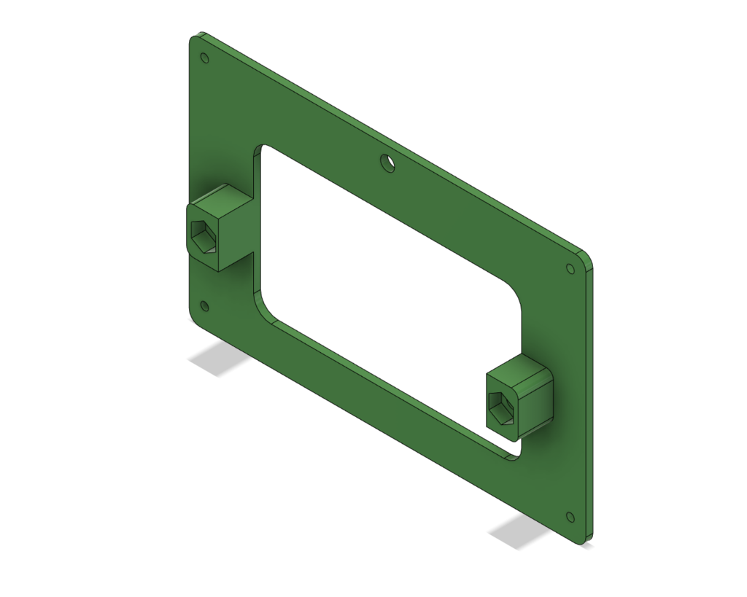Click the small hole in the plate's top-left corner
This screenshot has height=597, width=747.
pyautogui.click(x=204, y=58)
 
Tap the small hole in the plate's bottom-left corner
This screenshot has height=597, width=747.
pyautogui.click(x=204, y=306)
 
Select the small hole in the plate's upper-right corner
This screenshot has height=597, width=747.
pyautogui.click(x=570, y=269)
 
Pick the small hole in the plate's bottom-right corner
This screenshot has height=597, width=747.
pyautogui.click(x=570, y=517)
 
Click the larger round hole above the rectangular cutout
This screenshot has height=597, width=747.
pyautogui.click(x=388, y=163)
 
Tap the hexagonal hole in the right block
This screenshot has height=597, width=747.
pyautogui.click(x=503, y=407)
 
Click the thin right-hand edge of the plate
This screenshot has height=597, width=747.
pyautogui.click(x=589, y=401)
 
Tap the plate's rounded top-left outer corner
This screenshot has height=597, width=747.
pyautogui.click(x=194, y=38)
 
